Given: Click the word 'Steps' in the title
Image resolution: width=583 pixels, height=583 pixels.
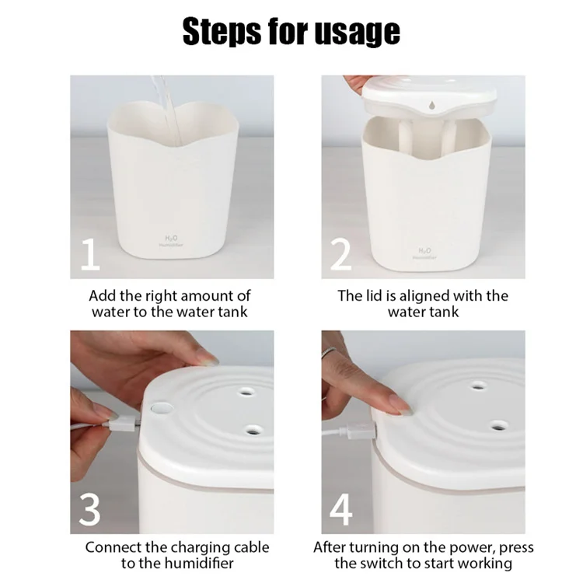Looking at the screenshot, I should tap(220, 30).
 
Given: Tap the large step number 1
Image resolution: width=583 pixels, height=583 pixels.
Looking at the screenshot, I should tap(90, 256).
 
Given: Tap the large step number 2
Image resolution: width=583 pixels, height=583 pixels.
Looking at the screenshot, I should tap(341, 256).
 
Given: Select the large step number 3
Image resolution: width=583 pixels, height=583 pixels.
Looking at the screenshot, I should tap(90, 509).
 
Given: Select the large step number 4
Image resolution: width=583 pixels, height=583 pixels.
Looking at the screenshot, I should tap(342, 509).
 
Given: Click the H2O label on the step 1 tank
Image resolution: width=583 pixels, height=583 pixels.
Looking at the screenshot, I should tap(172, 237).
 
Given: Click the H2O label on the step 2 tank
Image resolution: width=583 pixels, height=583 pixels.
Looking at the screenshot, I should tap(424, 250).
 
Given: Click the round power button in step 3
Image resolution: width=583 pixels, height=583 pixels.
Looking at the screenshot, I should tap(159, 406).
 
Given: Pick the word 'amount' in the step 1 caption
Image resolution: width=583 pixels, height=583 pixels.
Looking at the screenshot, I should tap(207, 295).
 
